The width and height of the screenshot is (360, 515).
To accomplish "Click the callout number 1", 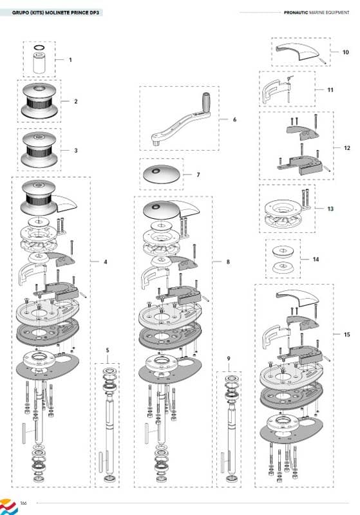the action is pos(70,60).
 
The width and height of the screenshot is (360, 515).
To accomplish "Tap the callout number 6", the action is pos(234,120).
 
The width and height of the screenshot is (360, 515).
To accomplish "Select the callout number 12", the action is pos(347,148).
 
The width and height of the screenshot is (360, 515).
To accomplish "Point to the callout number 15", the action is pos(347,335).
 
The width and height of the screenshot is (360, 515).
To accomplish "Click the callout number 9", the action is pos(229,359).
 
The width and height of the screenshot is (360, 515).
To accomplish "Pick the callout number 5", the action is pos(108,350).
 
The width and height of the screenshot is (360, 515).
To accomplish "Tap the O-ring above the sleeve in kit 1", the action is pos(39,48).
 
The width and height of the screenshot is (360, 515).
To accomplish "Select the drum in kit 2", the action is pos(39,101).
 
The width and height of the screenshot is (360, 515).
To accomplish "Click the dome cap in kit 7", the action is pos(162,174).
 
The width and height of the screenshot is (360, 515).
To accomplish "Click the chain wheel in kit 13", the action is pos(283,214).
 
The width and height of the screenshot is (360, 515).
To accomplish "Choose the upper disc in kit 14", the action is pos(283,251).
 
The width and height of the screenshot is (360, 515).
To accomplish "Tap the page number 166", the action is pos(23,503).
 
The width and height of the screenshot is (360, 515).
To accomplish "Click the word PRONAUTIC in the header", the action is pos(296,12).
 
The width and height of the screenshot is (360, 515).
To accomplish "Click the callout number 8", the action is pos(228,262).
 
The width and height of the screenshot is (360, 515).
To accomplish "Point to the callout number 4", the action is pos(106,262).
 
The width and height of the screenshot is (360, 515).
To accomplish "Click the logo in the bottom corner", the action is pos(8,507).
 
